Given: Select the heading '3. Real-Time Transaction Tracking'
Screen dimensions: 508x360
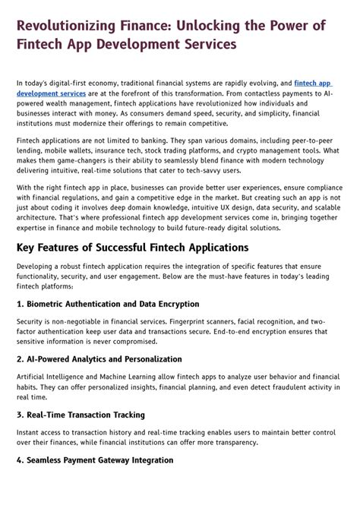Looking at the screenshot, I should click(81, 415).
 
